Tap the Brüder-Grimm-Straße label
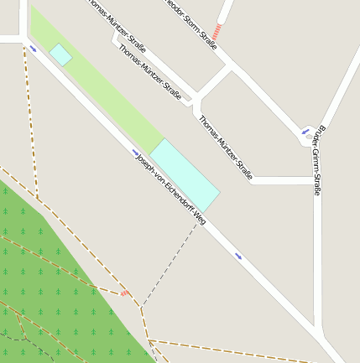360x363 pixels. coord(316,161)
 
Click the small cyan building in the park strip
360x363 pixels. coord(60,54)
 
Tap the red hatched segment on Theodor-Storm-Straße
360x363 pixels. coord(217,32)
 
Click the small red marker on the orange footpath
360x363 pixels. coord(124,293)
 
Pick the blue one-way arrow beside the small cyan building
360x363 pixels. coord(33,49)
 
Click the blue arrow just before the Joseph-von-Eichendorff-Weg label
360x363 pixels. coord(135,152)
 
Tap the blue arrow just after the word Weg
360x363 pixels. coord(239,256)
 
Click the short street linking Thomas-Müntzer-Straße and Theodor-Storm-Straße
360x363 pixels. coord(216,82)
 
